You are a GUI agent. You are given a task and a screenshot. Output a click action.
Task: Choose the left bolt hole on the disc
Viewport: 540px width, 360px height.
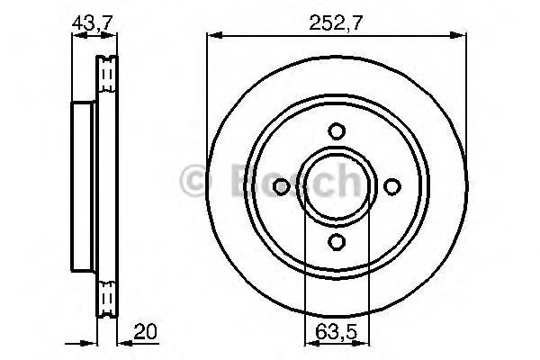point(280,186)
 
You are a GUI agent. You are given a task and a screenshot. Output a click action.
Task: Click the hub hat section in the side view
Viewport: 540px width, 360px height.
point(82,186)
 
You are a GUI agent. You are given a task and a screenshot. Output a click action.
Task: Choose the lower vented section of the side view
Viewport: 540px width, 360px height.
point(108,294)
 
